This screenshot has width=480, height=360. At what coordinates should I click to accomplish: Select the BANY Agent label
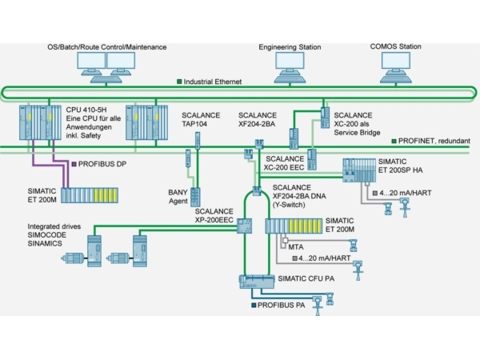178,198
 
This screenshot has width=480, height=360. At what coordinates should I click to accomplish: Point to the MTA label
298,249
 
